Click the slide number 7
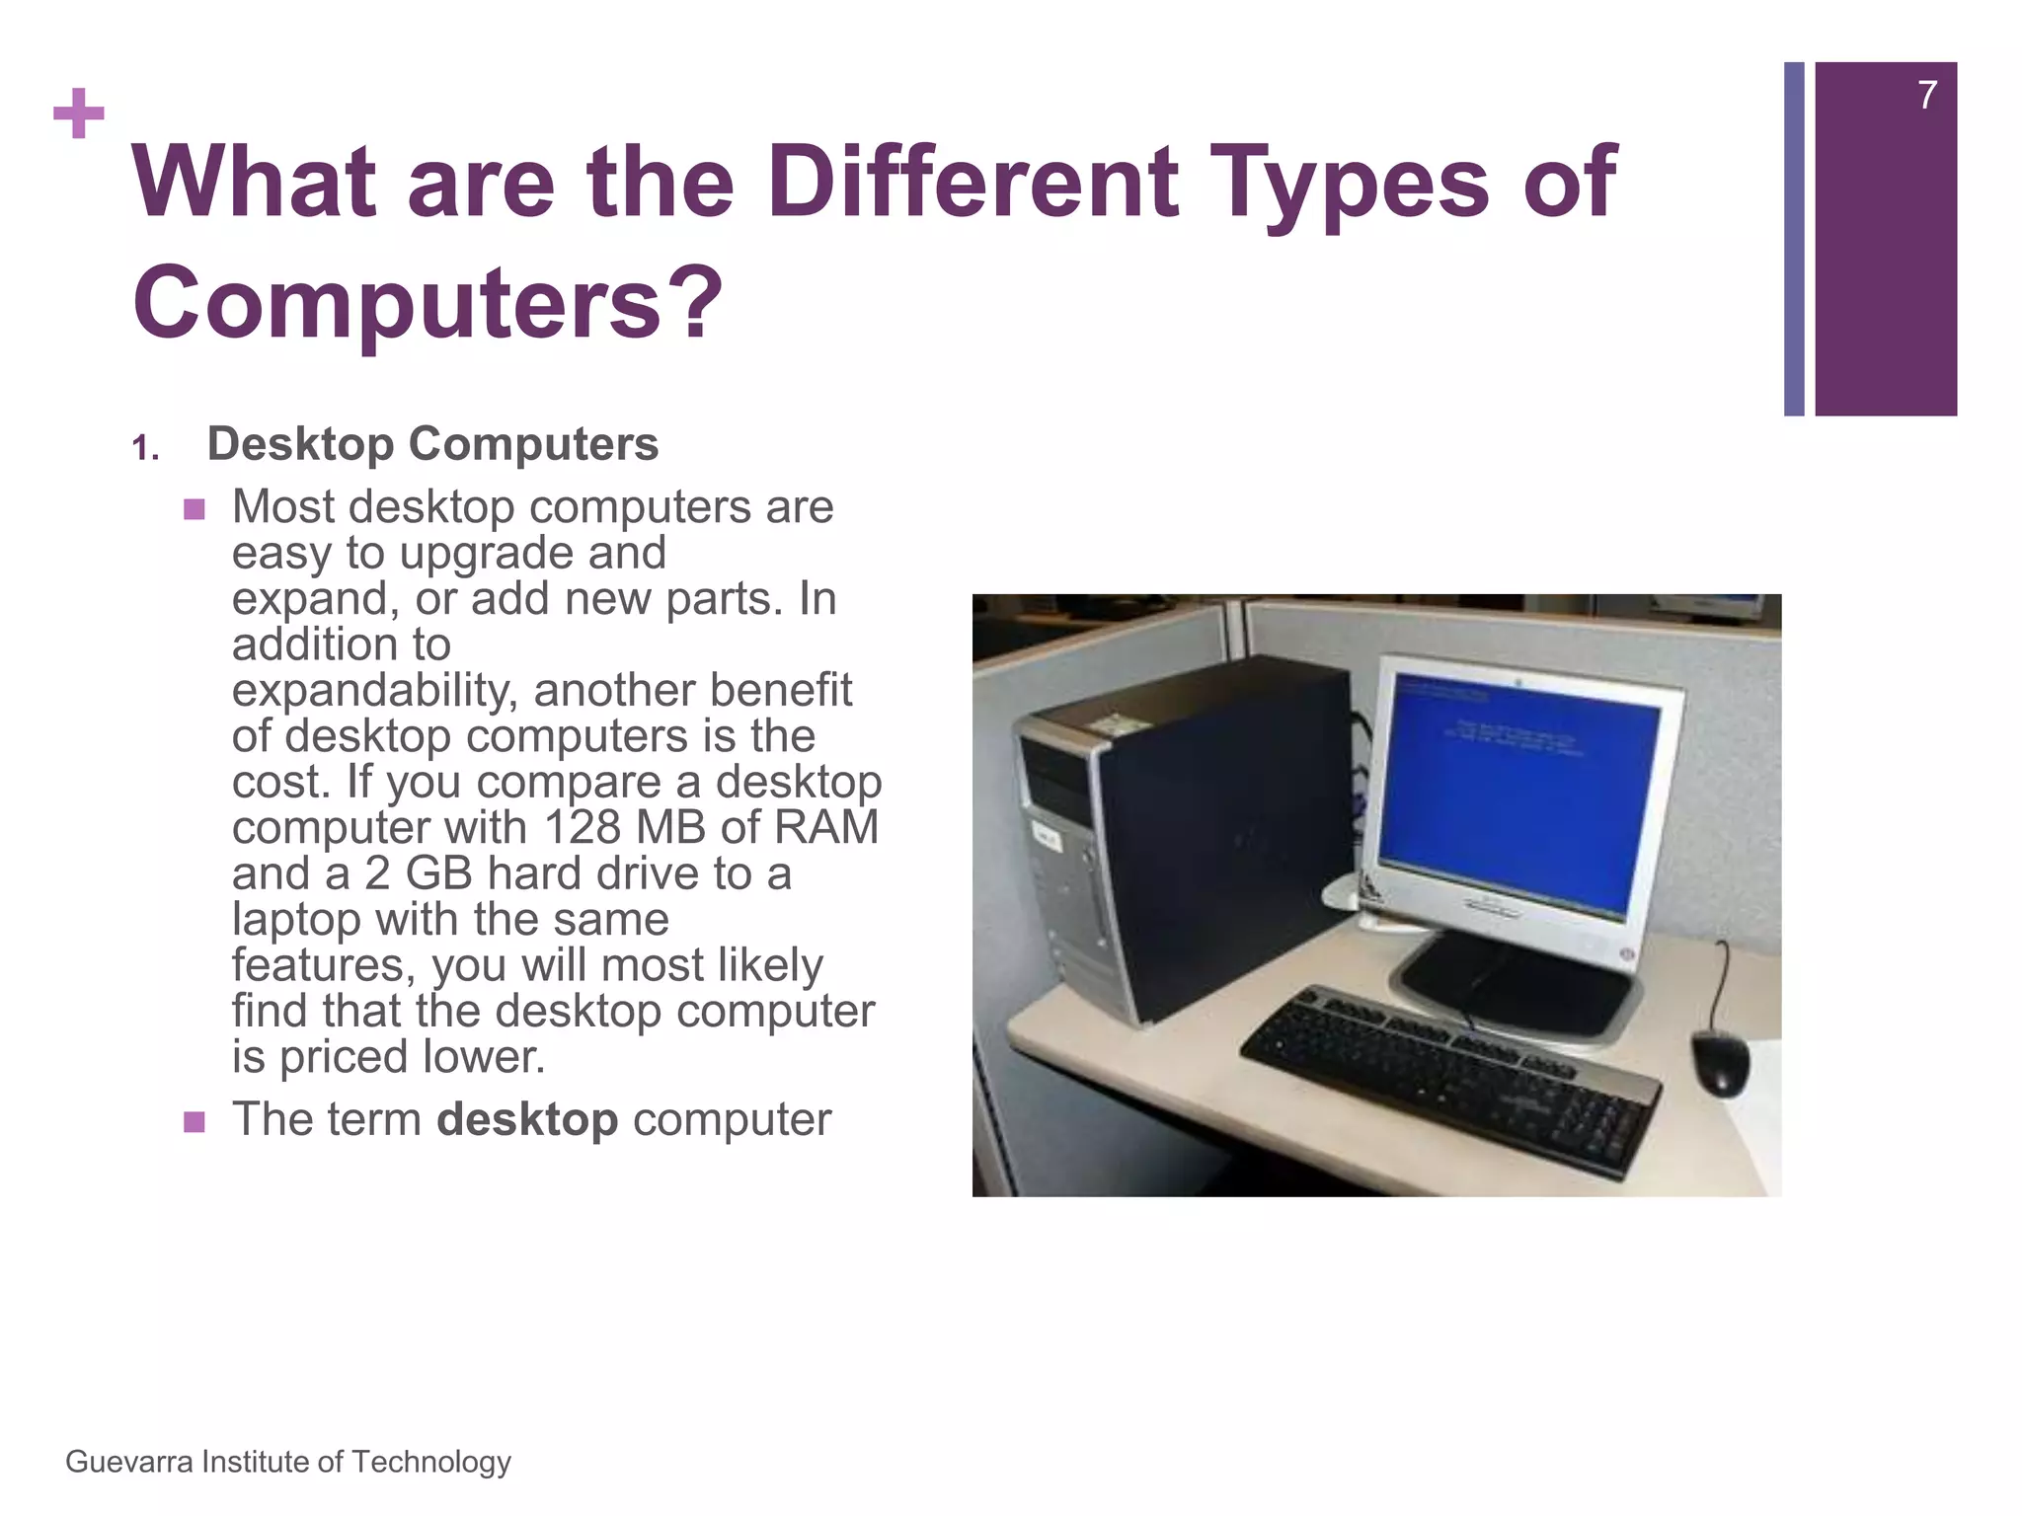[x=1926, y=96]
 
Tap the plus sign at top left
[x=79, y=114]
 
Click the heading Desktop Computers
[x=432, y=444]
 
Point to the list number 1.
[x=145, y=450]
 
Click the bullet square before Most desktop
[x=194, y=510]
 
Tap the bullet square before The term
[x=194, y=1122]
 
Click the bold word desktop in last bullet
[x=527, y=1119]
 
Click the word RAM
[x=826, y=827]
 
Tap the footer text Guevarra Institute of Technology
[x=288, y=1462]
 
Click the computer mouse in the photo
[x=1720, y=1063]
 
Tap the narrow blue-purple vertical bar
[x=1794, y=239]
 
